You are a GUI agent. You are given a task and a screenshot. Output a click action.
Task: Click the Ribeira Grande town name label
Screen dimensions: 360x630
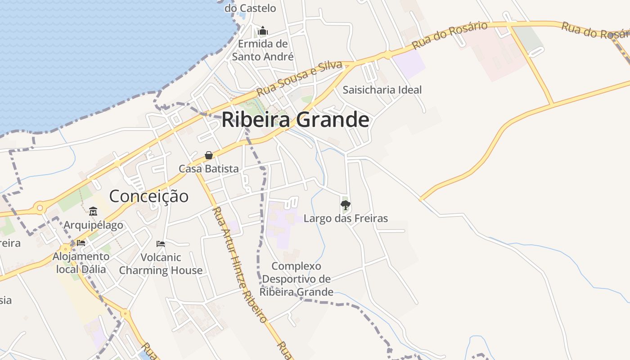[x=295, y=120]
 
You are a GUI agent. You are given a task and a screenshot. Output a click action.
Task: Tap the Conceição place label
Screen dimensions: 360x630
[x=148, y=196]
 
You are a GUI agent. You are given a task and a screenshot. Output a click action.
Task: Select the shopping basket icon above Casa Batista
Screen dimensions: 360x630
[x=209, y=156]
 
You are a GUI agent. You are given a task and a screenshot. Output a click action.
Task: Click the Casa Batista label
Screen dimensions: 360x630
[x=208, y=169]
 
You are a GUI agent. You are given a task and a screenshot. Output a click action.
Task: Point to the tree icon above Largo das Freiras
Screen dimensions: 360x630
[x=345, y=206]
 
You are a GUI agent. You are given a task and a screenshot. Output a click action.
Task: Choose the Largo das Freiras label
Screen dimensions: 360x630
[x=346, y=219]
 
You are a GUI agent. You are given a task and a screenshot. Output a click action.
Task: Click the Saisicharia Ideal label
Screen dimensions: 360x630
[x=382, y=90]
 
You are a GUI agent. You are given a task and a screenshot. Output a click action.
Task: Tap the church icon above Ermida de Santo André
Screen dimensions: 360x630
[x=263, y=31]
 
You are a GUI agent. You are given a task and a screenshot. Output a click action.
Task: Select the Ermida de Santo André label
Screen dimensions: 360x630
[x=263, y=50]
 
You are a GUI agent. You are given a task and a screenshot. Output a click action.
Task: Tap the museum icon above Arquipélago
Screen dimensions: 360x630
[x=93, y=211]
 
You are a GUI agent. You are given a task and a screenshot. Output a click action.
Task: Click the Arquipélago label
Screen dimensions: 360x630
[x=93, y=225]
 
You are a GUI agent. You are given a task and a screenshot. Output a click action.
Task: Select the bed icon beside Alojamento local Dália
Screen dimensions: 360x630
[x=81, y=243]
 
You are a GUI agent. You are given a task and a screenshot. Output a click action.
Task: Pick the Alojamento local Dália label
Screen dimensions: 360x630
[x=81, y=263]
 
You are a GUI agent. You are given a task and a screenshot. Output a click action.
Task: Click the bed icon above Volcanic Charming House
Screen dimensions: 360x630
[x=161, y=244]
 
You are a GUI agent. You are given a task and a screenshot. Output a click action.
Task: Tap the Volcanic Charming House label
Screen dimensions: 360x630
[x=161, y=264]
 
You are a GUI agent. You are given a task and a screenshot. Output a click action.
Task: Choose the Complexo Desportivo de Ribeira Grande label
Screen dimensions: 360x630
[x=297, y=279]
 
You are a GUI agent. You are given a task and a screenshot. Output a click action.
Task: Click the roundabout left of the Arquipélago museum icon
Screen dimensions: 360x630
[x=40, y=208]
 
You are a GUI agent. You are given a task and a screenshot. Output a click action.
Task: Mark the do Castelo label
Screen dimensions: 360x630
[x=250, y=8]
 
